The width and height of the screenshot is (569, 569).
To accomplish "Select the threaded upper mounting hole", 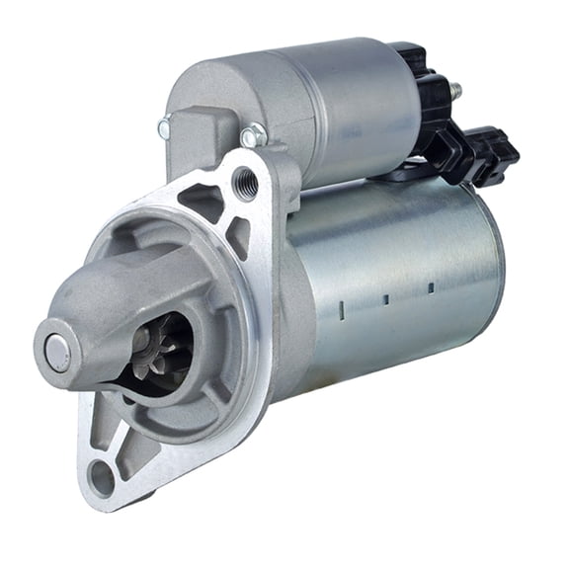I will (x=246, y=182).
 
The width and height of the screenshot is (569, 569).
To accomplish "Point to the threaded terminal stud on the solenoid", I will (x=456, y=90).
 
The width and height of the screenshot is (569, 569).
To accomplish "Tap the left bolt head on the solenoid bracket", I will (x=164, y=125).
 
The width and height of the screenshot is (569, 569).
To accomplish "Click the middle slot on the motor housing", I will (x=387, y=297).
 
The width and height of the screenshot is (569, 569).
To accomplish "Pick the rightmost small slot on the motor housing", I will (x=431, y=287).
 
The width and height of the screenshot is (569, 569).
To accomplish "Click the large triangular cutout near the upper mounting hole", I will (x=203, y=201).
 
